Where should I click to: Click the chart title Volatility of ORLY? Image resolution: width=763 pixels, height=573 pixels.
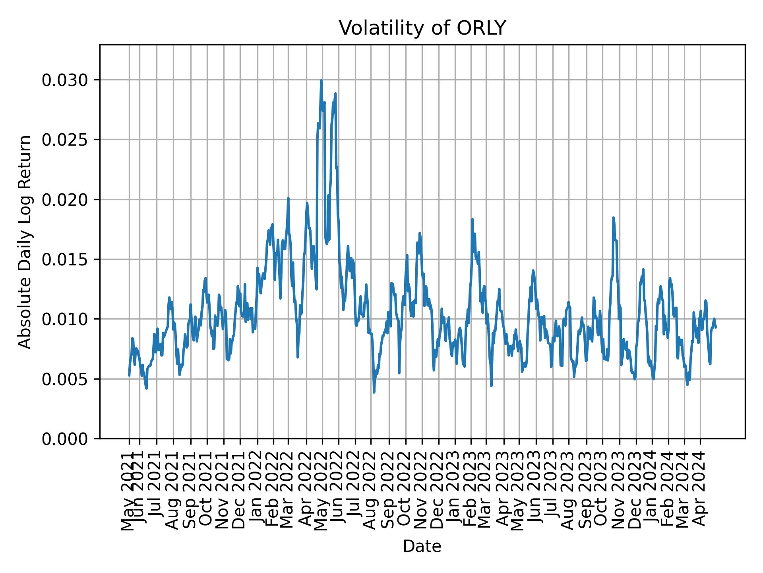pyautogui.click(x=422, y=28)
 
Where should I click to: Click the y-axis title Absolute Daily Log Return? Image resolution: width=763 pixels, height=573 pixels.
pyautogui.click(x=25, y=242)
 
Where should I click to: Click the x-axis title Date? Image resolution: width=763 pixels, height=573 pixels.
pyautogui.click(x=422, y=546)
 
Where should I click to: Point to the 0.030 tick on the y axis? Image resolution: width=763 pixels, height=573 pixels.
pyautogui.click(x=65, y=80)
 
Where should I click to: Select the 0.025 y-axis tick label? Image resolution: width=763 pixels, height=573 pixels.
pyautogui.click(x=65, y=140)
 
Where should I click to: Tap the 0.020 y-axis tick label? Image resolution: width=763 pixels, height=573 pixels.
pyautogui.click(x=65, y=200)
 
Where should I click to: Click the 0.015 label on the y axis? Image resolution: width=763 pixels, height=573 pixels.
pyautogui.click(x=65, y=259)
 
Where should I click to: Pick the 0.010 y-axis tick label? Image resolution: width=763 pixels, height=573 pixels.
pyautogui.click(x=65, y=319)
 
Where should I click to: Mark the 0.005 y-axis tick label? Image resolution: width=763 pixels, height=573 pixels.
pyautogui.click(x=65, y=379)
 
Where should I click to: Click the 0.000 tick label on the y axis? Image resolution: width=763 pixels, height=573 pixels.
pyautogui.click(x=65, y=439)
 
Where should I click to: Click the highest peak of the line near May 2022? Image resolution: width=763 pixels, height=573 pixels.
pyautogui.click(x=321, y=81)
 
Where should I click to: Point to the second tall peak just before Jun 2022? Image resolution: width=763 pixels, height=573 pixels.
pyautogui.click(x=335, y=94)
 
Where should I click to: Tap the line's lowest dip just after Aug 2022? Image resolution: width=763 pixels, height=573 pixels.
pyautogui.click(x=374, y=392)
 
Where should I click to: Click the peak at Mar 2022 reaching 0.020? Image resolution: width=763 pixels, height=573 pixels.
pyautogui.click(x=288, y=198)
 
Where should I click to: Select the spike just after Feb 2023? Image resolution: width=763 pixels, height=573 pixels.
pyautogui.click(x=472, y=219)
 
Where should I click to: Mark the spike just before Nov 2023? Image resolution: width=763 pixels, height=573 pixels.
pyautogui.click(x=613, y=218)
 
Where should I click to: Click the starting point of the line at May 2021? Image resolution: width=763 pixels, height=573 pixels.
pyautogui.click(x=129, y=376)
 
